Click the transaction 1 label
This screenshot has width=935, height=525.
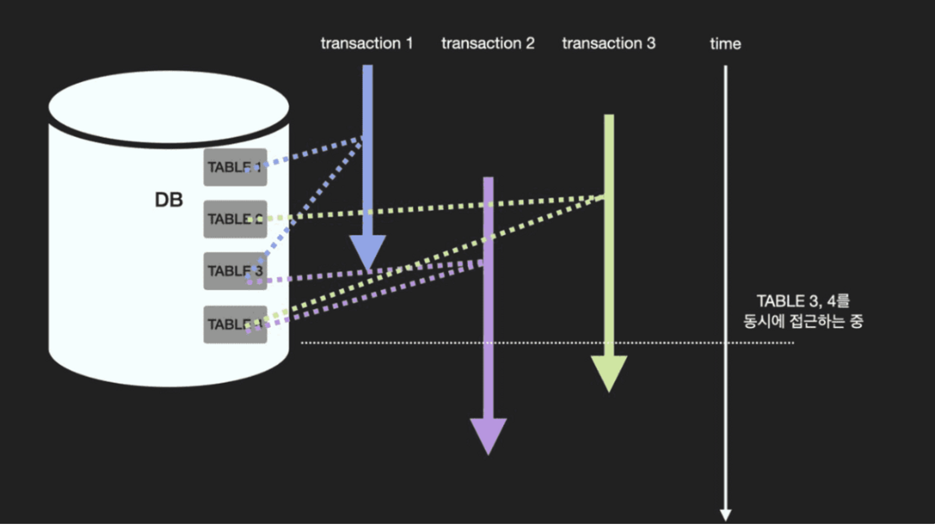tap(366, 43)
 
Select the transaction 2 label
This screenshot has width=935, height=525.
tap(488, 43)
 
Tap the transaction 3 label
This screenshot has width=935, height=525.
tap(608, 43)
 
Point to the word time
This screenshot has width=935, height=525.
tap(725, 44)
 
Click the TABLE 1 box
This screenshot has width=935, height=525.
tap(235, 167)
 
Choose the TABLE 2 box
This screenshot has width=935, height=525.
tap(235, 219)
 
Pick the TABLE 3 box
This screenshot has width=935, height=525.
tap(235, 271)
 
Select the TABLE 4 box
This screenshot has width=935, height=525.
tap(235, 324)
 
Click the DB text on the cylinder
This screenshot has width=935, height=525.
tap(169, 200)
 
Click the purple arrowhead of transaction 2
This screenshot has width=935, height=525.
tap(488, 434)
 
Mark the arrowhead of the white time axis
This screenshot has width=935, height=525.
tap(725, 514)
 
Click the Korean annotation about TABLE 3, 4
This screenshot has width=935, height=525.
tap(803, 311)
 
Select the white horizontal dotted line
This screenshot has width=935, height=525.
tap(544, 343)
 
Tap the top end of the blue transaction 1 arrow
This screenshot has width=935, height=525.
tap(367, 68)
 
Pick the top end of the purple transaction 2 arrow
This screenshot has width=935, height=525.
tap(488, 180)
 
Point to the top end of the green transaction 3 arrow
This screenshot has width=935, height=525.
tap(609, 117)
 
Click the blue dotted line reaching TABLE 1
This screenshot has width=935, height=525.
tap(310, 153)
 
